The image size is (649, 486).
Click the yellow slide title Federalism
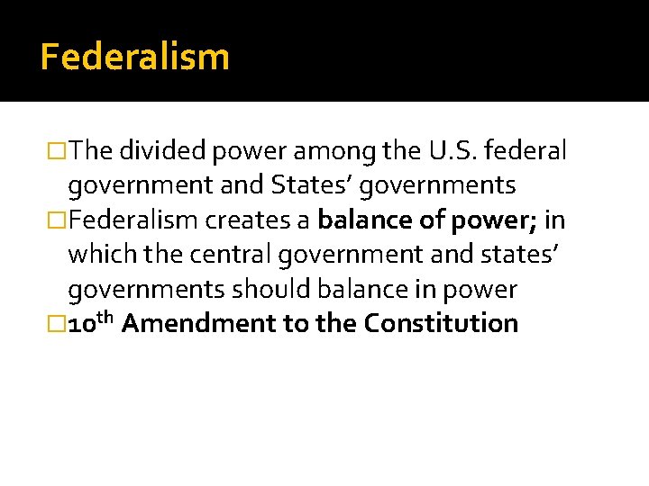[x=135, y=57]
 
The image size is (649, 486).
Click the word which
[x=97, y=256]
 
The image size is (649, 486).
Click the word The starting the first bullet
[x=88, y=152]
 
